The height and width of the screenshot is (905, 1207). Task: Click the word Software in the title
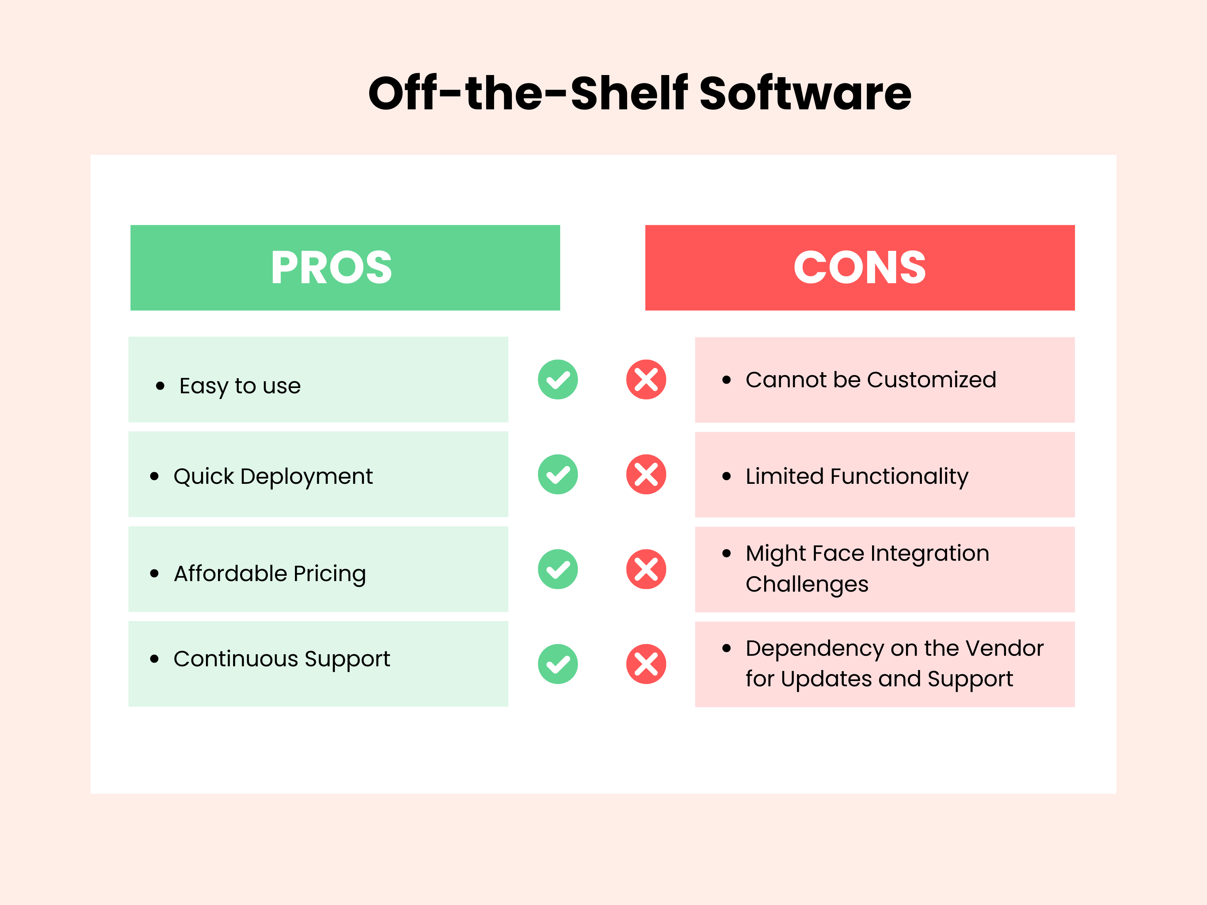(805, 93)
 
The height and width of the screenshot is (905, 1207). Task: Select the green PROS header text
(331, 267)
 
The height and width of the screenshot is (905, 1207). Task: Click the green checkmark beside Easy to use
(557, 380)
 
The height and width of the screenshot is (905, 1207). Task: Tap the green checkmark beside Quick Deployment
(557, 475)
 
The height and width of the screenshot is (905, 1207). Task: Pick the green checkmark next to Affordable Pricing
(557, 569)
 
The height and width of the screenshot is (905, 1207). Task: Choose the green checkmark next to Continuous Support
(557, 664)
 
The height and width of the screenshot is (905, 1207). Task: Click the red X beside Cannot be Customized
(646, 380)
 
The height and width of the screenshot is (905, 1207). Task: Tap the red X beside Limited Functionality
(646, 475)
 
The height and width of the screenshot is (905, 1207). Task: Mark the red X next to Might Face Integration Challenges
(646, 569)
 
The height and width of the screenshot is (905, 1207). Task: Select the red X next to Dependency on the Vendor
(646, 664)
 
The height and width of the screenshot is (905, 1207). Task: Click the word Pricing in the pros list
(330, 574)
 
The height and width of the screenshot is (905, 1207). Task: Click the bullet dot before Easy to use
(160, 386)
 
